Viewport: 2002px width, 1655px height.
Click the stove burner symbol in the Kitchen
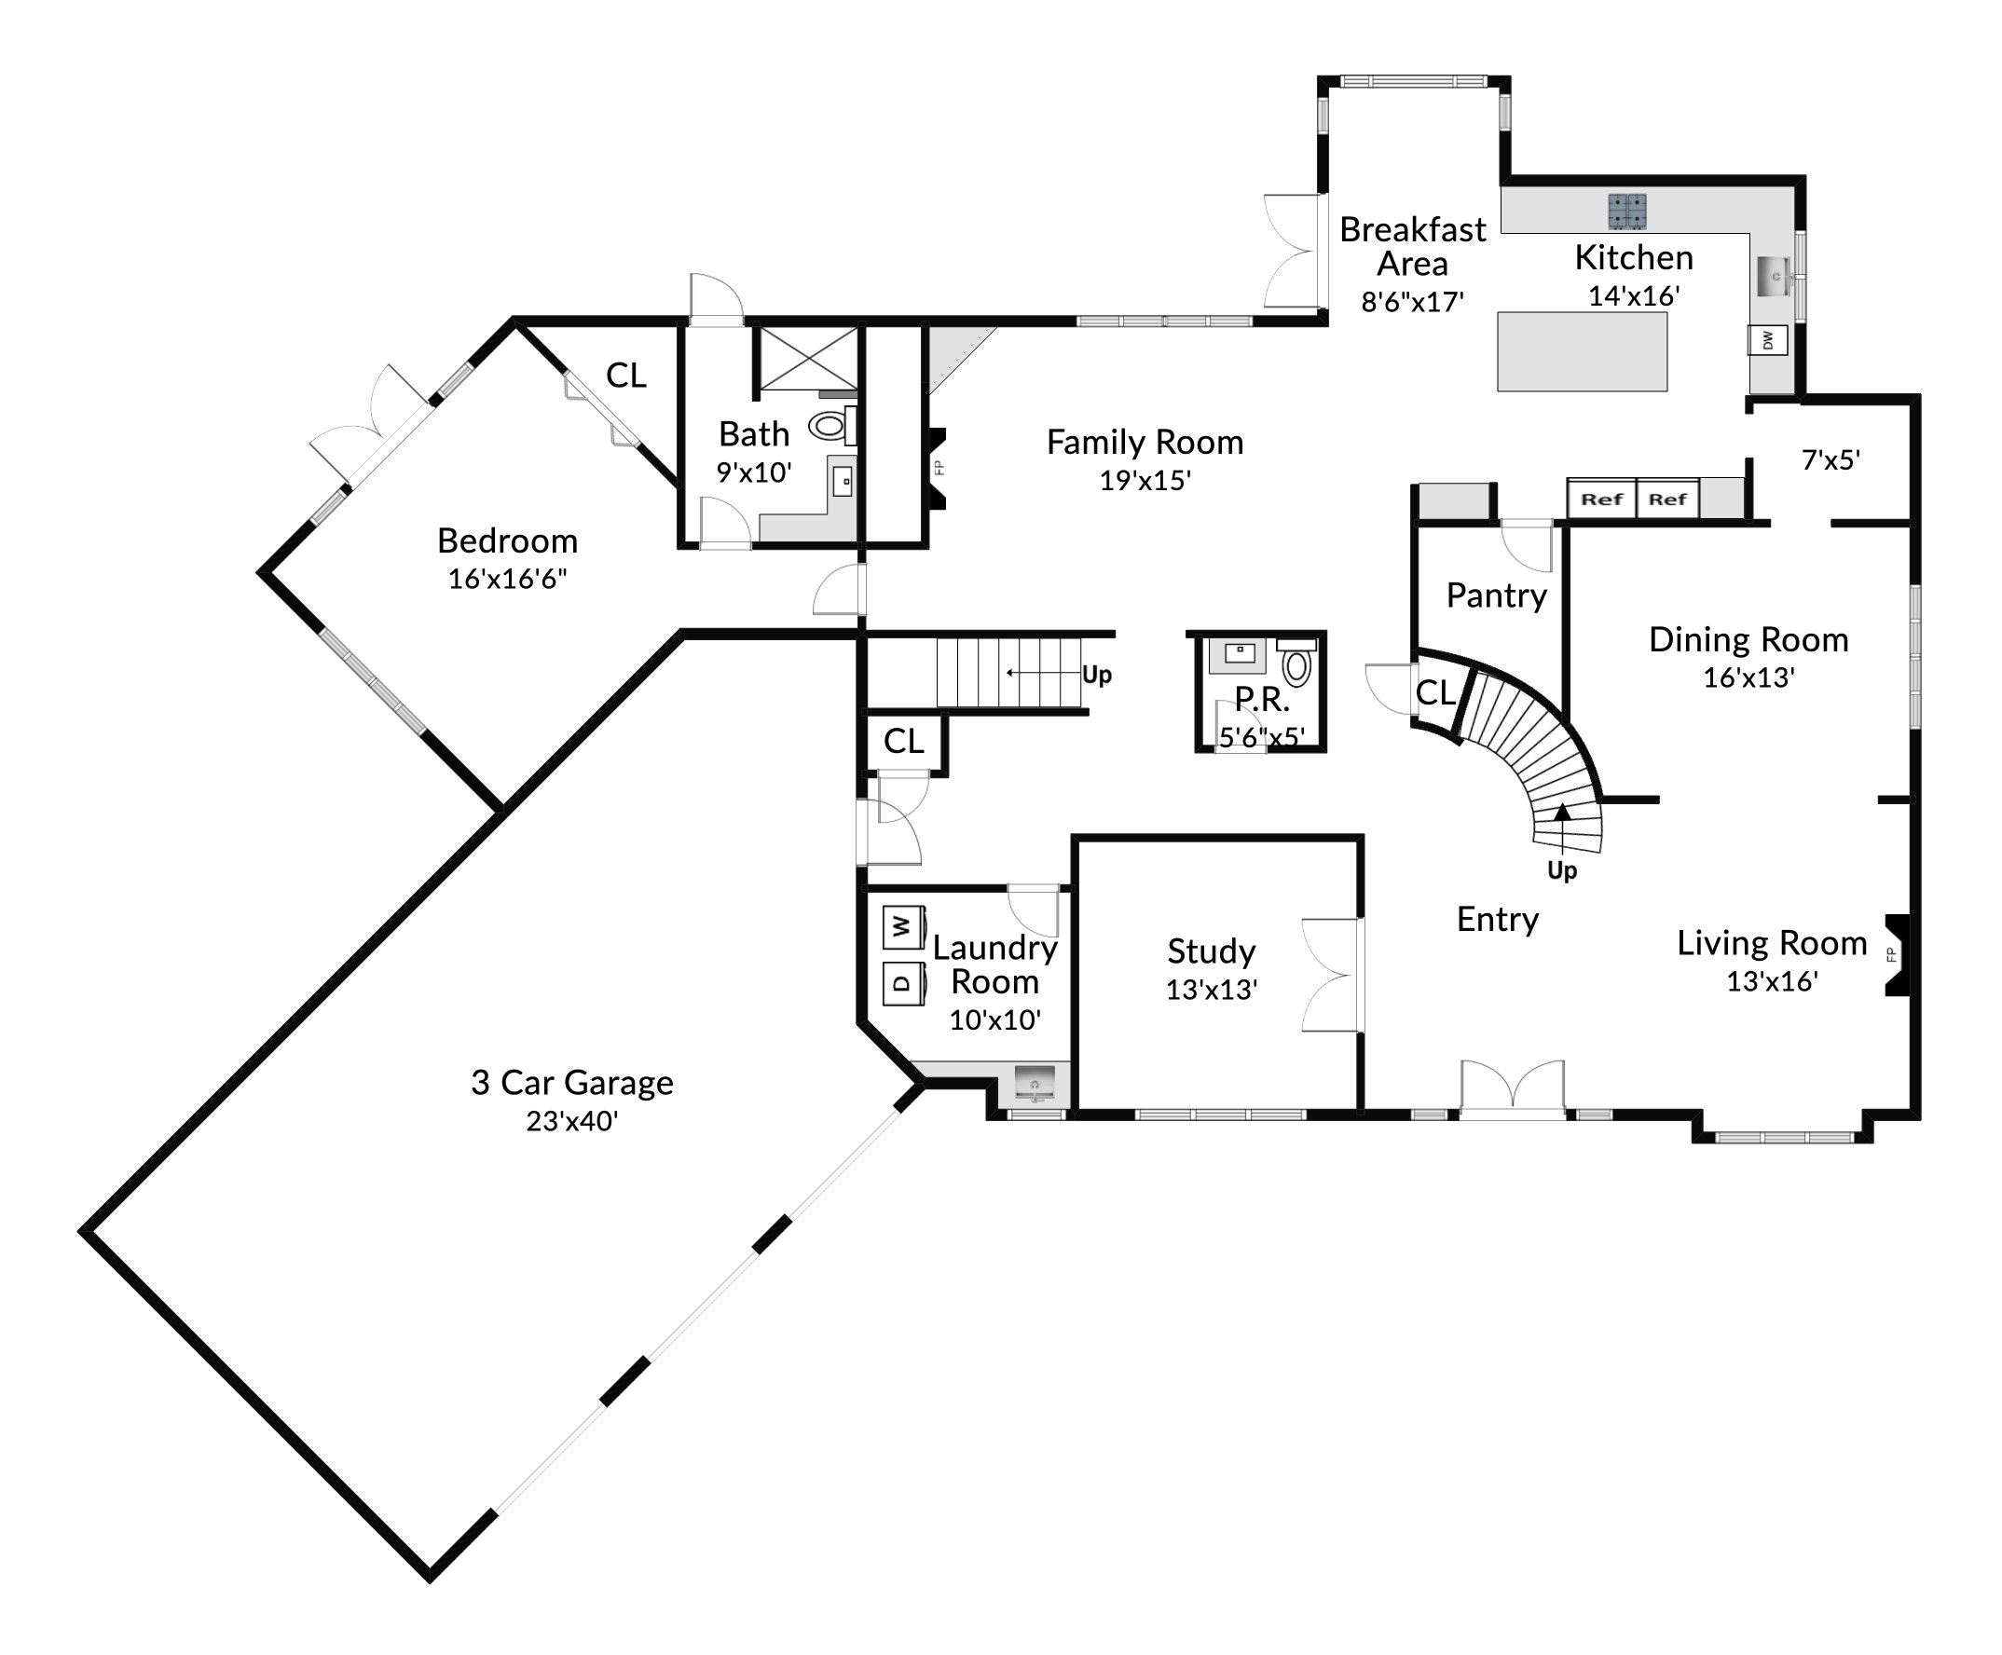point(1627,212)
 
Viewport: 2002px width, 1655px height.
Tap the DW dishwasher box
point(1767,340)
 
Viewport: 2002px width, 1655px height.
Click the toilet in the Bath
point(832,425)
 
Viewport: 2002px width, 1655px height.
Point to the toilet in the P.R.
point(1296,663)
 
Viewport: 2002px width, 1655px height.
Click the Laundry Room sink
point(1035,1083)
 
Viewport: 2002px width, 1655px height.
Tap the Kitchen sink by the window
point(1776,277)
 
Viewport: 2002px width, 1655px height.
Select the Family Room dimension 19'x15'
point(1145,481)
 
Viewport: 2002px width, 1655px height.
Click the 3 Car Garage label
point(572,1083)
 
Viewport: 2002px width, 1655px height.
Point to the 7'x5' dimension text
point(1831,460)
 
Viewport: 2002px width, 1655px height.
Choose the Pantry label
point(1496,595)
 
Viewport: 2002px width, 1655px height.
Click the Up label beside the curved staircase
point(1561,870)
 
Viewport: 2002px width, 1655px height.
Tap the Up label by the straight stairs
point(1096,675)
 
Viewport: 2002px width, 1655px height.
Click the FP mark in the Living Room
point(1891,955)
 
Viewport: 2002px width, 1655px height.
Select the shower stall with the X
point(807,359)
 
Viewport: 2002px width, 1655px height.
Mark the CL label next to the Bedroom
point(626,376)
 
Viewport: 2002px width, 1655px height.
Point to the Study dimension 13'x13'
point(1212,990)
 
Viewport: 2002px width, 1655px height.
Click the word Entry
point(1498,919)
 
